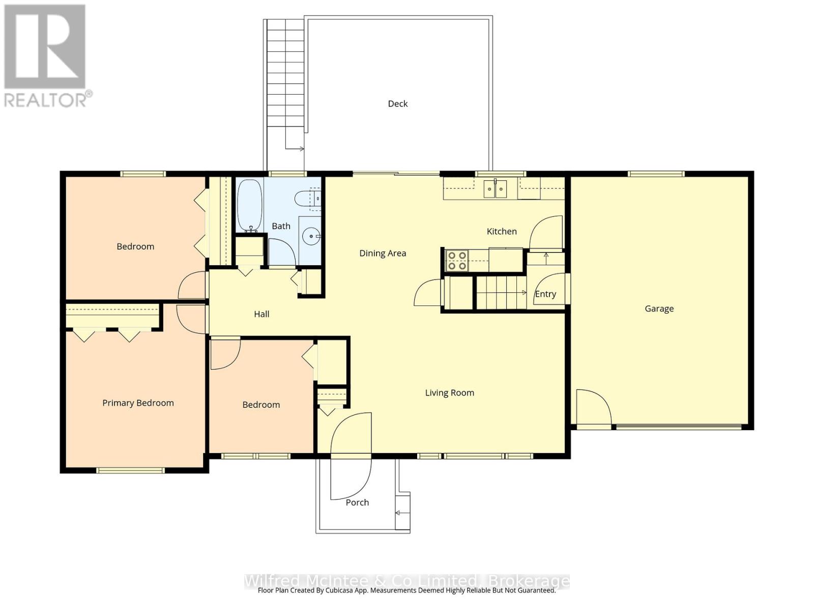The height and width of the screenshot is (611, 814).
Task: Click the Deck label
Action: [x=397, y=104]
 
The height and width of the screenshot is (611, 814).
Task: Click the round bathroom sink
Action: [x=310, y=236]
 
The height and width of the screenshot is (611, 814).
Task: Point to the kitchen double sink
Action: [x=495, y=189]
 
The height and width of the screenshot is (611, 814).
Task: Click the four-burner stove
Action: [x=456, y=260]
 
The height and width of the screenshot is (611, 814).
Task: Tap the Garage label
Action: [x=659, y=309]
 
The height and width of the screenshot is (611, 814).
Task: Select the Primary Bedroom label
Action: [x=138, y=403]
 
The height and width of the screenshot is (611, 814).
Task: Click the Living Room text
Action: [x=449, y=393]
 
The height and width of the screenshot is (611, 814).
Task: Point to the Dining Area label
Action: [x=383, y=253]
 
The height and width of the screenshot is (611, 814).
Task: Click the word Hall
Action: [x=261, y=314]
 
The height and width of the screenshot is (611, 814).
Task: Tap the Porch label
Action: [x=357, y=503]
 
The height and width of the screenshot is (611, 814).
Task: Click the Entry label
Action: [x=545, y=294]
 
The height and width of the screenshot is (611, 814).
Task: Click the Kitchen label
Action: [x=502, y=231]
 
